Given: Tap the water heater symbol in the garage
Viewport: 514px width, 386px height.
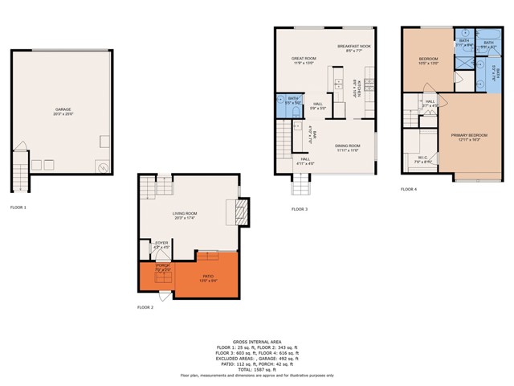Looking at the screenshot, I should click(x=104, y=166).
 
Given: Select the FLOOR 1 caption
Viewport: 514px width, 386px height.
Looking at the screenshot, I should click(x=18, y=207).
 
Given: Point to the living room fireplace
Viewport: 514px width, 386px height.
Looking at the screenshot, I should click(x=240, y=211).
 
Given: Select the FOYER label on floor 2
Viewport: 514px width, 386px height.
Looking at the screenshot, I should click(x=161, y=242).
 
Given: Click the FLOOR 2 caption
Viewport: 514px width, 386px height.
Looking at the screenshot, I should click(x=145, y=307).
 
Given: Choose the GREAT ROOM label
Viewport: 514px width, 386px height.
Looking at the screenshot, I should click(x=304, y=60).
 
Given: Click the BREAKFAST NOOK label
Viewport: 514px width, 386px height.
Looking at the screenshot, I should click(x=354, y=47).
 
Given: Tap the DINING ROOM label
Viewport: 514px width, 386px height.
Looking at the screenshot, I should click(x=347, y=146).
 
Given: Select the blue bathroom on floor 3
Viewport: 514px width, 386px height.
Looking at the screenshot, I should click(x=294, y=101).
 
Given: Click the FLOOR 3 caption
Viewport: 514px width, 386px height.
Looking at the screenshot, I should click(x=300, y=209).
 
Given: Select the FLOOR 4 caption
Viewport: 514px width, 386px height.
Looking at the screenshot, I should click(x=409, y=189).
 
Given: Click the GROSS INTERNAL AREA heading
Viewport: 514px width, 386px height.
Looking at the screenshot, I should click(x=256, y=342).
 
